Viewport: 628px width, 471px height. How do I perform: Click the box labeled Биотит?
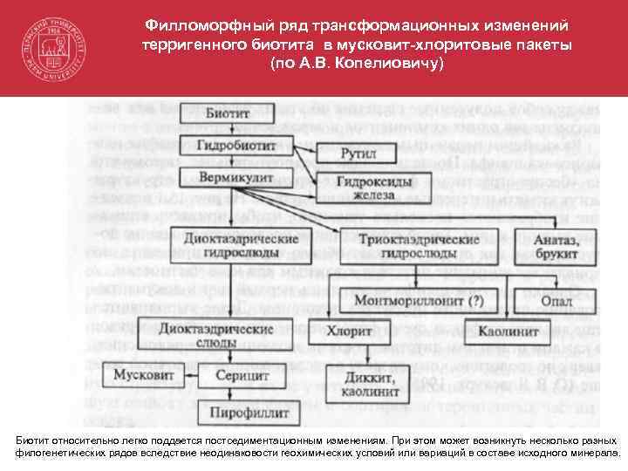(228, 114)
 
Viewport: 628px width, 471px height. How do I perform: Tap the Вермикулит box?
(231, 176)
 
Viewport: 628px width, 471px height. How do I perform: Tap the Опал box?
(557, 301)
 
